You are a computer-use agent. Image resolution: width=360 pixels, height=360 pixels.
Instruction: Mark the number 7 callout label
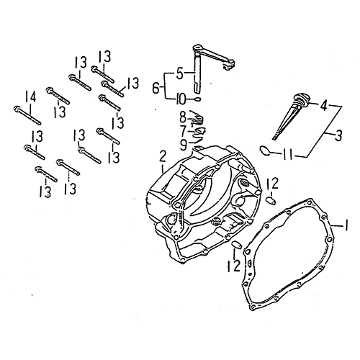click(x=183, y=130)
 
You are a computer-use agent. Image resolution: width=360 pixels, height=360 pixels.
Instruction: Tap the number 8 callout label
click(x=183, y=116)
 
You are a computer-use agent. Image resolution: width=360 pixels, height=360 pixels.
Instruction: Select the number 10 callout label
click(x=182, y=98)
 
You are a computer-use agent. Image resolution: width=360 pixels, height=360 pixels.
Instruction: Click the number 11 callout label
click(x=287, y=153)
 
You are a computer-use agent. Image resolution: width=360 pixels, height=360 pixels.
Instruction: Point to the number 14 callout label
click(x=30, y=96)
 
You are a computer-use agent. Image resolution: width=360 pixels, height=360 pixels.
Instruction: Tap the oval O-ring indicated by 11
click(x=266, y=150)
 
